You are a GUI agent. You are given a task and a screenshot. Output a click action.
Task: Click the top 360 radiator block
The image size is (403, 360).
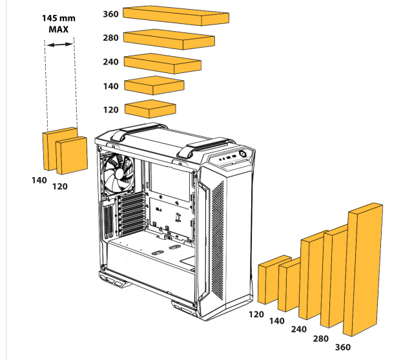pos(175,15)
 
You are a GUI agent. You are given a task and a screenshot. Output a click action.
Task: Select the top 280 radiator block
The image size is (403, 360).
pos(169,39)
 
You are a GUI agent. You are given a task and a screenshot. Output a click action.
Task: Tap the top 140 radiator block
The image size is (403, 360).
pos(154,86)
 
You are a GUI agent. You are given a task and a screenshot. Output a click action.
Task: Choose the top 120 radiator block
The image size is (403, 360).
pos(150,107)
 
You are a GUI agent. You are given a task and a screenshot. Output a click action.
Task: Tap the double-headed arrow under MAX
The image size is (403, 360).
pos(59,44)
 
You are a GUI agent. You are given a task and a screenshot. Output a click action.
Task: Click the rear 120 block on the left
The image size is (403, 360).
pos(71,156)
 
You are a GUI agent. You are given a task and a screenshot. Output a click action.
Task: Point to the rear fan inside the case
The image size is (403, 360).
pos(118,173)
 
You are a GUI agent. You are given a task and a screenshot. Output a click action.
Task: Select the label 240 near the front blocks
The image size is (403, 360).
pos(298,329)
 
